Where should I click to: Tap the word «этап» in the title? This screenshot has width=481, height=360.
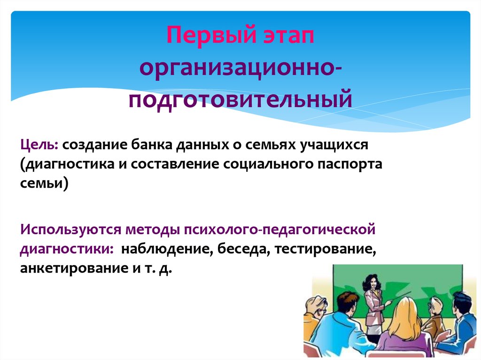coord(288,37)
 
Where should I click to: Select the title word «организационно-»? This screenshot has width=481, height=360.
coord(240,69)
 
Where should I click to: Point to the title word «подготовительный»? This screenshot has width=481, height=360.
coord(240,100)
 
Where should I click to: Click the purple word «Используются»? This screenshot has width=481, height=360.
coord(70,230)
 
